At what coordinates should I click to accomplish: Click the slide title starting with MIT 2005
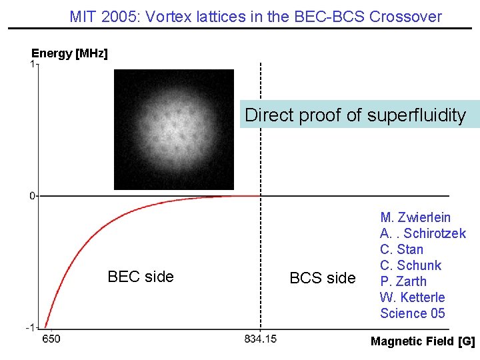tap(255, 17)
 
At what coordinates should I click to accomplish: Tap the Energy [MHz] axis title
tap(69, 53)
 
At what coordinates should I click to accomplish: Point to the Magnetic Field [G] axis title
tap(423, 341)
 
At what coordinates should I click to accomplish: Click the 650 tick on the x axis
tap(51, 339)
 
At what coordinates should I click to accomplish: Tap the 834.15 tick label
tap(260, 339)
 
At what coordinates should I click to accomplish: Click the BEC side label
tap(140, 277)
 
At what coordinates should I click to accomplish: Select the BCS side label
tap(323, 278)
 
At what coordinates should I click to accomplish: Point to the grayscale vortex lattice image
tap(174, 129)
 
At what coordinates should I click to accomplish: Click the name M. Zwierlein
tap(415, 217)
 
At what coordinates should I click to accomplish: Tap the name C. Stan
tap(401, 249)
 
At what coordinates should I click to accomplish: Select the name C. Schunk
tap(411, 265)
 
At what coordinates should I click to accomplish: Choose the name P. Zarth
tap(403, 281)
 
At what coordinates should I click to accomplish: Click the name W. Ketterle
tap(412, 297)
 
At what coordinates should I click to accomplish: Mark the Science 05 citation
tap(412, 313)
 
